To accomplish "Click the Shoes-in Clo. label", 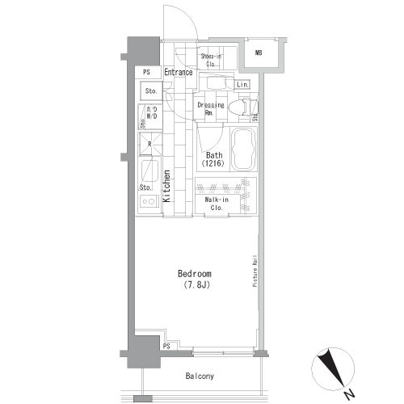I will [x=213, y=59].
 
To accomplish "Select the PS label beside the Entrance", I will [x=146, y=73].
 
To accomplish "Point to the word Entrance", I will [x=178, y=73].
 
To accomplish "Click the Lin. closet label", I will [x=243, y=84].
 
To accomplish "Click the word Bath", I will [x=213, y=155].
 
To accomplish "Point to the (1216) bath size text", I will [x=213, y=164].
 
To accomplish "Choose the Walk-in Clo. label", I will [x=214, y=203].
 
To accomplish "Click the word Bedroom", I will [x=194, y=274].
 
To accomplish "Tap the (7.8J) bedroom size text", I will [x=194, y=284].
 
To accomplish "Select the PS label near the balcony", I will [x=166, y=346].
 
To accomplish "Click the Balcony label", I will [x=198, y=377].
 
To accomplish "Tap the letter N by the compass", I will [x=347, y=394].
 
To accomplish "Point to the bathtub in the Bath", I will [x=242, y=149].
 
